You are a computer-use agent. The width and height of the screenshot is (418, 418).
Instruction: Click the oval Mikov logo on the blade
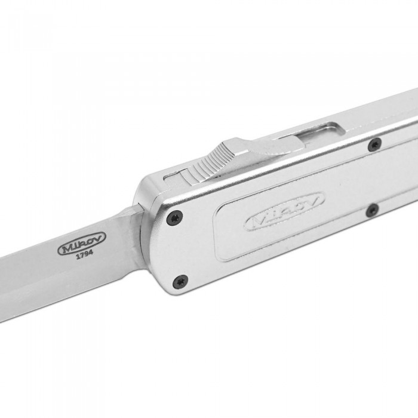tap(82, 243)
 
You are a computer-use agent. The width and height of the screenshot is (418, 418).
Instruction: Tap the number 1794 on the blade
tap(85, 254)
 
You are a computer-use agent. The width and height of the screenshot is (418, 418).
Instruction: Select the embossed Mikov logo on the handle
tap(284, 211)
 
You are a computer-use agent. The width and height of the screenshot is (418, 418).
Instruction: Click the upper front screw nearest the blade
tap(174, 217)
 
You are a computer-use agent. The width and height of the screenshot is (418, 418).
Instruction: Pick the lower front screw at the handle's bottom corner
tap(180, 281)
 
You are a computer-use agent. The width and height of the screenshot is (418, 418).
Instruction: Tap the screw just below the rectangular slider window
tap(374, 145)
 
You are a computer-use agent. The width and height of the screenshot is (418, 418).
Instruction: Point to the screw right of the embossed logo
tap(373, 210)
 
